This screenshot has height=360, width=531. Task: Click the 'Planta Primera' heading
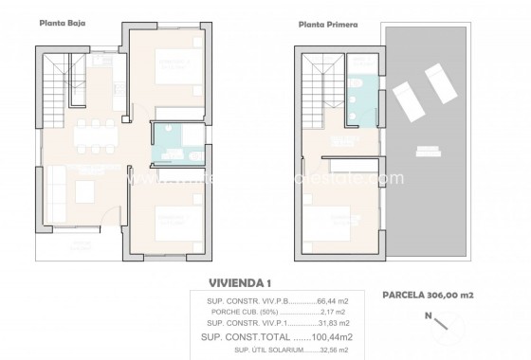coord(329,27)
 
